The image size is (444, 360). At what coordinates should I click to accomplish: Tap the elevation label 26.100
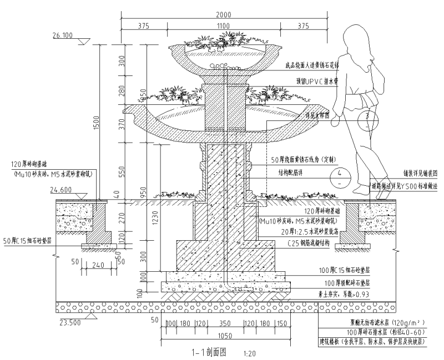pyautogui.click(x=63, y=36)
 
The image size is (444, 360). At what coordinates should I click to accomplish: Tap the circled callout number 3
pyautogui.click(x=367, y=118)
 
